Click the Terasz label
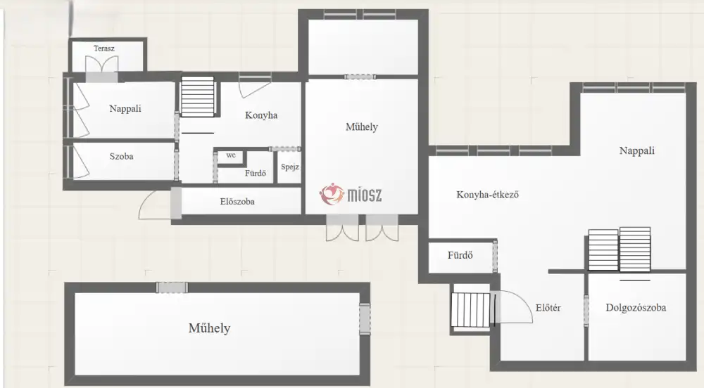[x=104, y=48]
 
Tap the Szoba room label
[x=121, y=156]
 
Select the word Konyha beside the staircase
[x=261, y=115]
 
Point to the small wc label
[x=231, y=155]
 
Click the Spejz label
[x=290, y=167]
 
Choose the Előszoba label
[x=237, y=202]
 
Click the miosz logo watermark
[x=351, y=195]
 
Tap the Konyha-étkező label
[x=488, y=195]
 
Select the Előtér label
[x=548, y=308]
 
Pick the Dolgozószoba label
[x=636, y=308]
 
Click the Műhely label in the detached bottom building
[x=210, y=328]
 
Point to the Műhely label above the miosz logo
[x=362, y=127]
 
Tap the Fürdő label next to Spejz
[x=256, y=173]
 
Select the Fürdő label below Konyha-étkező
[x=460, y=255]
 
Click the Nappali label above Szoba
[x=125, y=108]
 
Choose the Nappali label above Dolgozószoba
[x=637, y=150]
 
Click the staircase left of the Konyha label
[x=198, y=96]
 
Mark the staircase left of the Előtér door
[x=470, y=309]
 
